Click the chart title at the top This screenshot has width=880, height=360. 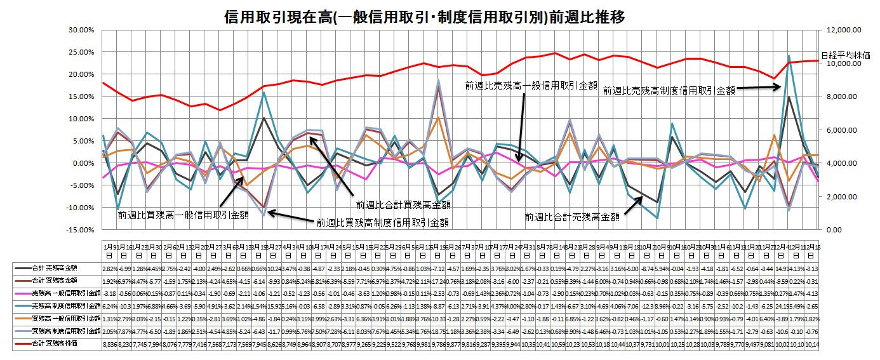point(425,17)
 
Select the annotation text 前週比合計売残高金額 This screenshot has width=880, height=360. point(572,217)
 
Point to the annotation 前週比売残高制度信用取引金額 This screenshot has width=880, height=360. point(669,91)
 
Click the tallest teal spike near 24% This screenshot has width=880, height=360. point(789,56)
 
